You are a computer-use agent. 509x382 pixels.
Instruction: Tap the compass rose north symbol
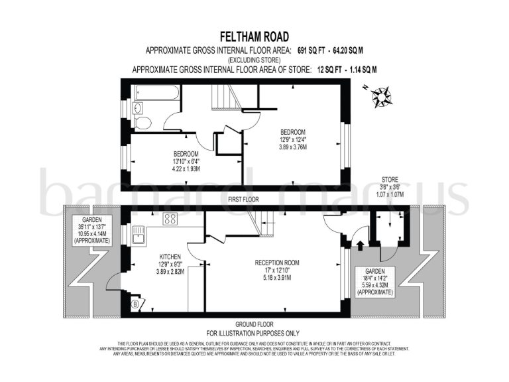tap(382, 97)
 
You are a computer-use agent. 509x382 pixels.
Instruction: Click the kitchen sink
tap(140, 234)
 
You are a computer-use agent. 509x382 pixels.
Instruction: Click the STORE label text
tap(389, 179)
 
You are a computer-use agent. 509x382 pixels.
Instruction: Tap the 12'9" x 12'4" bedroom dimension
tap(292, 140)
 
